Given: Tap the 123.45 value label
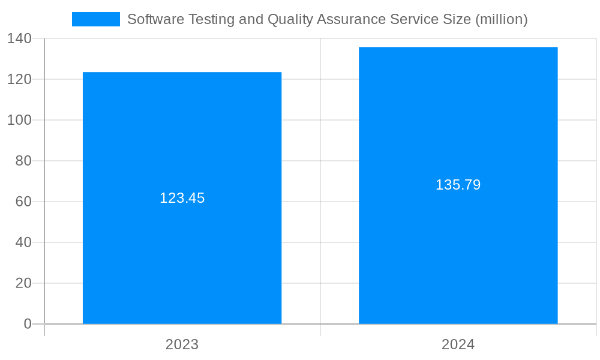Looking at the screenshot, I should pos(182,198).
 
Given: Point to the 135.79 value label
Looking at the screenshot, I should pos(458,185).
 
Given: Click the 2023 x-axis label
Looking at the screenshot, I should pos(182,344).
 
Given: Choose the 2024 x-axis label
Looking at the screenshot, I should pos(458,344).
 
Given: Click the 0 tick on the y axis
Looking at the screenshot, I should pos(28,324).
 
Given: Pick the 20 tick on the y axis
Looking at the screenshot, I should pos(24,283).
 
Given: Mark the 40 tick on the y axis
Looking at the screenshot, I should pos(24,242).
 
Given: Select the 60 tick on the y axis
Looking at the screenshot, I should pos(24,202).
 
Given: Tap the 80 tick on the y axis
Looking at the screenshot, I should pos(24,161).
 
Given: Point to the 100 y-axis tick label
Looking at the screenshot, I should pos(20,120).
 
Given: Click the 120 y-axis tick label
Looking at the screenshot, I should pos(20,79).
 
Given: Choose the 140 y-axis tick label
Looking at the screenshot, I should pos(20,38).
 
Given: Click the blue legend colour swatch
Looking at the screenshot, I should pos(96,19).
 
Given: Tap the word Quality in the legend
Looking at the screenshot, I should pos(289,20).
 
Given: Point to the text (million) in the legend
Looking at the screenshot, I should pos(501,20).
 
